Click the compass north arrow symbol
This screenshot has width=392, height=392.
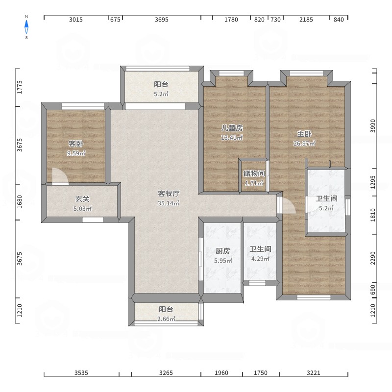pos(26,27)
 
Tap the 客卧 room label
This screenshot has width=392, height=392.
pos(76,144)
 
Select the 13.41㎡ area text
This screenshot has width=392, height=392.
pos(232,138)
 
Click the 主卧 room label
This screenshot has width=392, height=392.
pos(304,134)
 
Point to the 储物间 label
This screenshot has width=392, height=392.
pos(254,173)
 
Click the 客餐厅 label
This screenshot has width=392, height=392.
pos(169,194)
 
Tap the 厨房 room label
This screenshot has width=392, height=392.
pos(223,251)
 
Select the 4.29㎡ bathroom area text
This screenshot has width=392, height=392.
pos(260,259)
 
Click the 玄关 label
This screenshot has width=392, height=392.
pos(82,199)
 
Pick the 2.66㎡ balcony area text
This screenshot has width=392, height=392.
pos(166,319)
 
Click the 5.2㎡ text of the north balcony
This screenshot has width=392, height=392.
pos(161,94)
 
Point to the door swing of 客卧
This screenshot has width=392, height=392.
pos(60,176)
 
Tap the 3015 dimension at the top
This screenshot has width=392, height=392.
pos(76,20)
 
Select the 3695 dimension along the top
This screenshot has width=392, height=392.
pos(162,20)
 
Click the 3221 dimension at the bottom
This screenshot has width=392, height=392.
pos(313,373)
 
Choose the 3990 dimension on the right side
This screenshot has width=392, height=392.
pos(373,126)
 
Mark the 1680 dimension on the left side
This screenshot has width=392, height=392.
pos(20,202)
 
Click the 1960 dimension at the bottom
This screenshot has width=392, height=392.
pos(221,373)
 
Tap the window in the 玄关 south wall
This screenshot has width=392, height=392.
pos(93,220)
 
